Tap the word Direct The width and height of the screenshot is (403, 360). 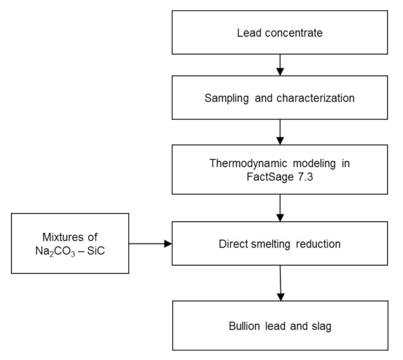click(234, 243)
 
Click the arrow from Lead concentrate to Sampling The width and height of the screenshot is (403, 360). click(280, 64)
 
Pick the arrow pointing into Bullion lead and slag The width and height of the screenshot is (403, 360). click(281, 283)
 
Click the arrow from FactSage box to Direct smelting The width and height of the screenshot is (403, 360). click(280, 206)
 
